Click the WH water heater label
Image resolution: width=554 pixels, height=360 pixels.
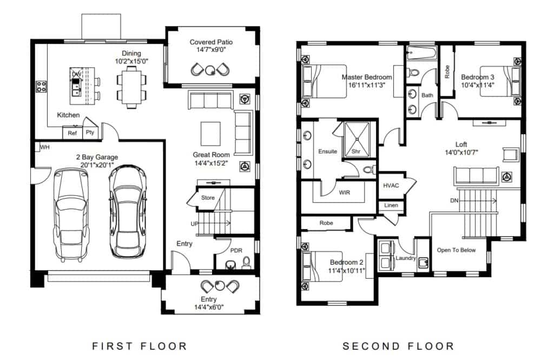tap(45, 147)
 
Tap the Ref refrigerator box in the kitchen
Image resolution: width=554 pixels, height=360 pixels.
tap(72, 133)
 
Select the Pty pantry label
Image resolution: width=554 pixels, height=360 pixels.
tap(90, 132)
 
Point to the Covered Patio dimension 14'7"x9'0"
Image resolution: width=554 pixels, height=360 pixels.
tap(212, 50)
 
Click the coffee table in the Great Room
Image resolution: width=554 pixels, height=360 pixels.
tap(210, 134)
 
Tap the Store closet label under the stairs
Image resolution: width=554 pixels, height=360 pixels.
tap(208, 198)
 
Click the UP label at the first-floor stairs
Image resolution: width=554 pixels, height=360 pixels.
tap(194, 224)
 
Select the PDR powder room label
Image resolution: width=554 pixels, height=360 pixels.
tap(236, 250)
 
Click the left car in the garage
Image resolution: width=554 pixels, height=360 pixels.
tap(71, 213)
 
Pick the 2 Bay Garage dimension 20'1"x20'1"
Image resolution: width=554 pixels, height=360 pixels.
tap(97, 165)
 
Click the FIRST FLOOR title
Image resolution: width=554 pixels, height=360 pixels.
tap(139, 346)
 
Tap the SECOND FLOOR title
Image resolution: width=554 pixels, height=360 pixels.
tap(398, 346)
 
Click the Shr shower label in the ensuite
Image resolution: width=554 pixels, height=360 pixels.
tap(356, 152)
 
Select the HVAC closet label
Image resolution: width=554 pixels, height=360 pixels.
tap(391, 185)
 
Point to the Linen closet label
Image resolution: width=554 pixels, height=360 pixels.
tap(391, 205)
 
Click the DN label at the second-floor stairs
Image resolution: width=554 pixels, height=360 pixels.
tap(454, 200)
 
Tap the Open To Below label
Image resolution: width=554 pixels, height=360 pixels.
tap(456, 250)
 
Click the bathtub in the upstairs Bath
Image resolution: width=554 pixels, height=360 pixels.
tap(421, 54)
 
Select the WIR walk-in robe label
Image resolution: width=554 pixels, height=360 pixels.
tap(345, 192)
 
